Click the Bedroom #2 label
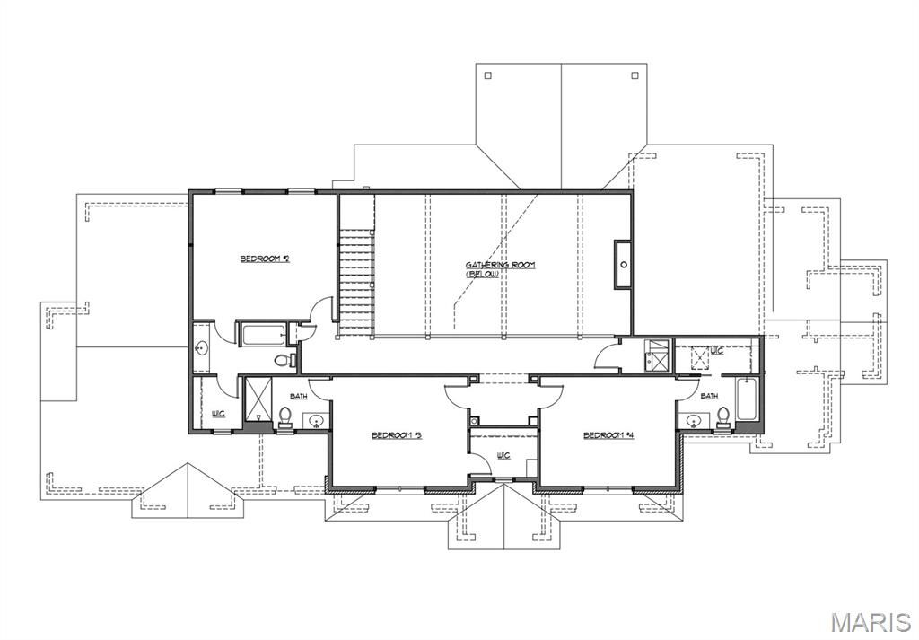click(264, 259)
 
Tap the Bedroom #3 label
click(397, 435)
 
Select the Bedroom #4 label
click(608, 435)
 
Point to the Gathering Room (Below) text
click(500, 268)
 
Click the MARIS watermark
click(870, 622)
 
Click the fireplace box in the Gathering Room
click(623, 264)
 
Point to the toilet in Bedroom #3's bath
click(285, 416)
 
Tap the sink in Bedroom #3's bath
click(316, 418)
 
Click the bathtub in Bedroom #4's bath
click(747, 399)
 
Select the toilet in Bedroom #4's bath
click(722, 416)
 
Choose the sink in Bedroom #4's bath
click(692, 419)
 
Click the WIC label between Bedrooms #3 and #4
click(503, 455)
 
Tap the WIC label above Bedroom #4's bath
click(716, 351)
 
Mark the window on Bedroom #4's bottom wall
click(608, 489)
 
